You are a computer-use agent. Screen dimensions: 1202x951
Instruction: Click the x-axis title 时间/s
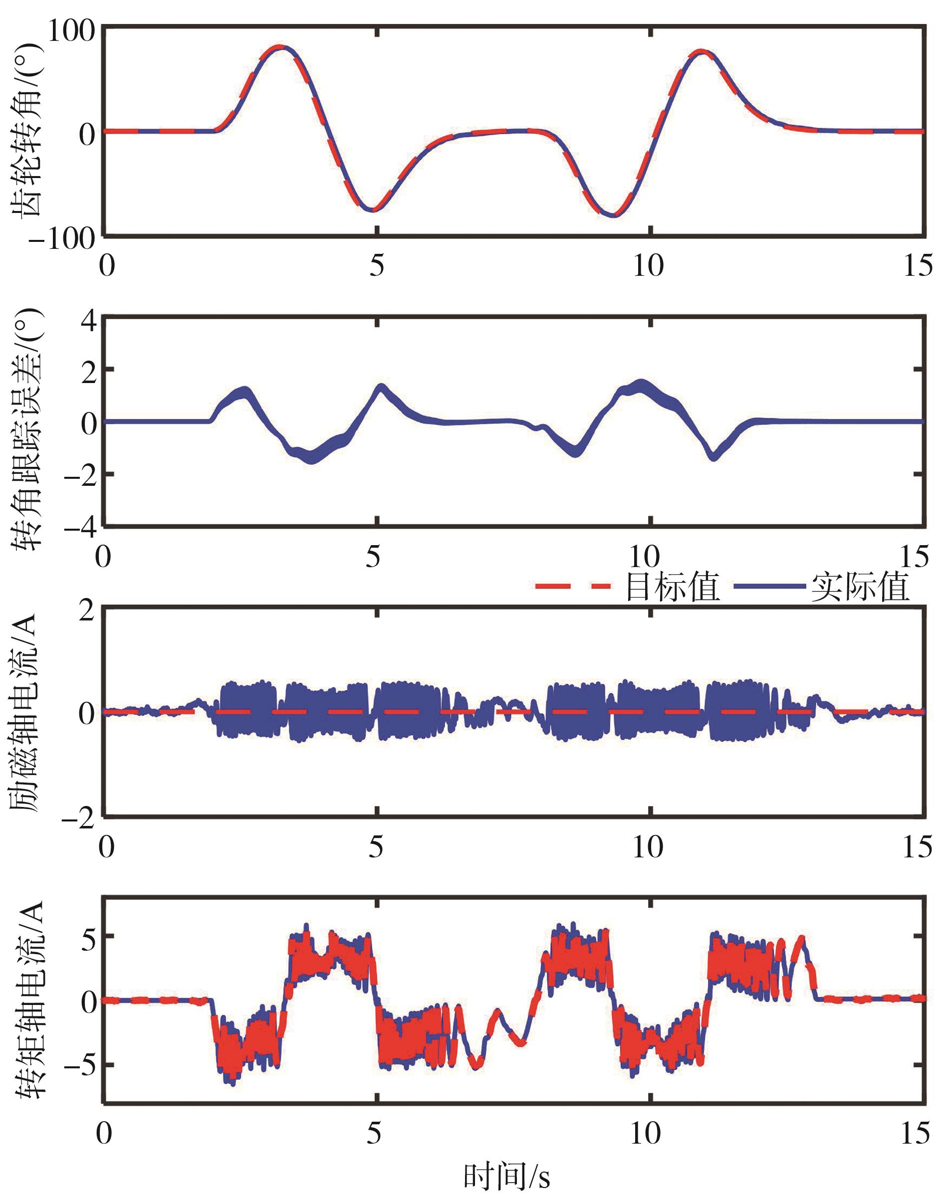pyautogui.click(x=506, y=1178)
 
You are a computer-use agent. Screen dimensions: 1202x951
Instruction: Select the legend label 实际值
pyautogui.click(x=860, y=587)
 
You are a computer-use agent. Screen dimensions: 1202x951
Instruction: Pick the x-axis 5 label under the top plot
pyautogui.click(x=377, y=266)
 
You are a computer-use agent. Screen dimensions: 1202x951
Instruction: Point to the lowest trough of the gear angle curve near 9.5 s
pyautogui.click(x=614, y=215)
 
